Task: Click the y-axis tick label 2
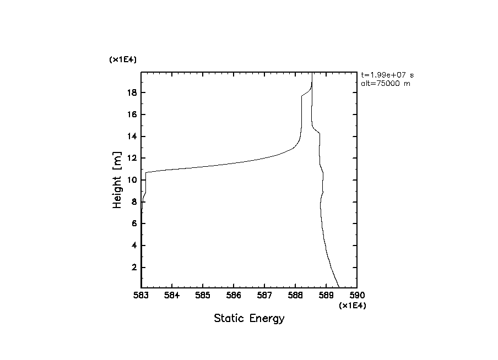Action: click(x=133, y=268)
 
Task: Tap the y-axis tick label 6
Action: click(x=133, y=223)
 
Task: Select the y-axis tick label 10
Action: click(x=131, y=180)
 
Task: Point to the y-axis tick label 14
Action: click(x=131, y=137)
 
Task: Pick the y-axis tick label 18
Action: click(x=131, y=93)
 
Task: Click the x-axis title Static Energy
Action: click(x=249, y=319)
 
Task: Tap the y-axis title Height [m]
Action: click(x=117, y=180)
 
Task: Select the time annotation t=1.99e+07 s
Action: click(x=387, y=75)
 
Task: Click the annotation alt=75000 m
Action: click(x=385, y=84)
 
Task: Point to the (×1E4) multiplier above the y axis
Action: click(x=123, y=59)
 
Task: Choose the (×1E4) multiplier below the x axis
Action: click(x=353, y=306)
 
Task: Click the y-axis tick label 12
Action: click(x=131, y=159)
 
